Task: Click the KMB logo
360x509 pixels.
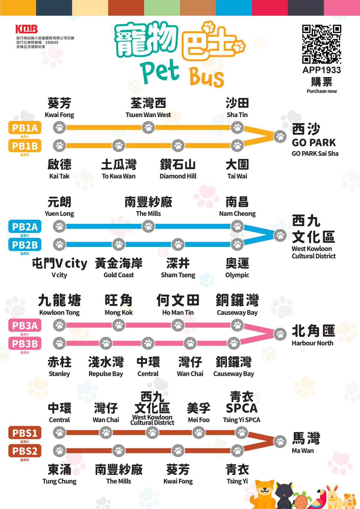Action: [x=27, y=29]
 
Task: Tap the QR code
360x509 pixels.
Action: [x=322, y=44]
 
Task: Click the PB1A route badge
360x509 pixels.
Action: [x=25, y=128]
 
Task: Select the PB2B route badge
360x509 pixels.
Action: [x=25, y=244]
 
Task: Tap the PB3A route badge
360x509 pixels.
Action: [x=25, y=325]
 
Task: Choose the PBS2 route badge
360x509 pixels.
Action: [x=25, y=451]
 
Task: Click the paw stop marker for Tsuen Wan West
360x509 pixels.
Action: [x=148, y=127]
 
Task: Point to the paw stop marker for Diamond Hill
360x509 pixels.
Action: [x=178, y=146]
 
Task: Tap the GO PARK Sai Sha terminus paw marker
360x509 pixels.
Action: [x=280, y=136]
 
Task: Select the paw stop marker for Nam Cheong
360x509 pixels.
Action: [x=237, y=226]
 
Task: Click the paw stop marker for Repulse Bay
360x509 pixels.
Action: [x=106, y=343]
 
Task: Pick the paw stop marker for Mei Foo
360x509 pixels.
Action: [x=199, y=433]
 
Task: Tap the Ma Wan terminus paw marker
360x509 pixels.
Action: [x=280, y=442]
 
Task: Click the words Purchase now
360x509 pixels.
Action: [x=322, y=91]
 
